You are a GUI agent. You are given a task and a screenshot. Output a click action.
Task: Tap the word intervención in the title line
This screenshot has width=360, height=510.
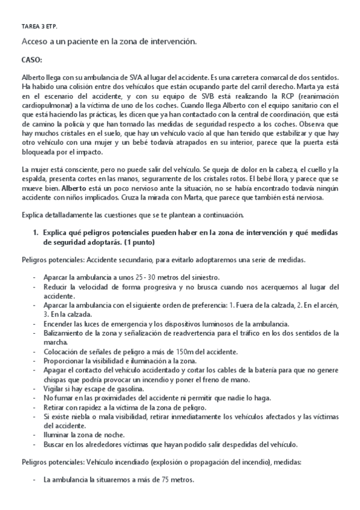[x=171, y=41]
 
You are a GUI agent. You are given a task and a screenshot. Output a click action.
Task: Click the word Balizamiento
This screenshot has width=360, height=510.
[x=67, y=332]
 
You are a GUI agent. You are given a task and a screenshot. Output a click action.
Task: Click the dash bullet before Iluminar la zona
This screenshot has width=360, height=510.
[x=35, y=435]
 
